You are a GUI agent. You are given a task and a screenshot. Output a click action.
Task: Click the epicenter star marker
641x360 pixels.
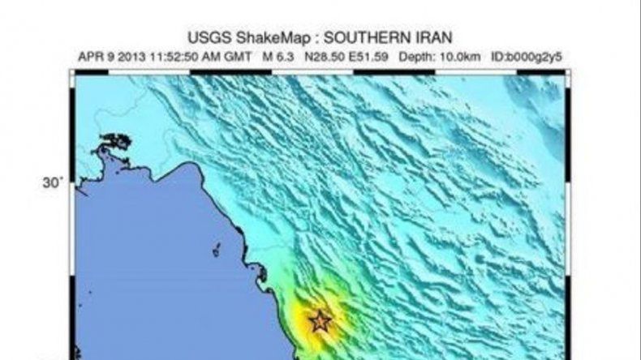320,321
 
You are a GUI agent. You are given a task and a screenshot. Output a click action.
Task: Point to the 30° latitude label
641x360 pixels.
53,184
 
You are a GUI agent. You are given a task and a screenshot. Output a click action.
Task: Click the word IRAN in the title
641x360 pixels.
432,38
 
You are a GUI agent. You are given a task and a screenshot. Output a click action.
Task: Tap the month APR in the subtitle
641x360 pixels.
90,57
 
